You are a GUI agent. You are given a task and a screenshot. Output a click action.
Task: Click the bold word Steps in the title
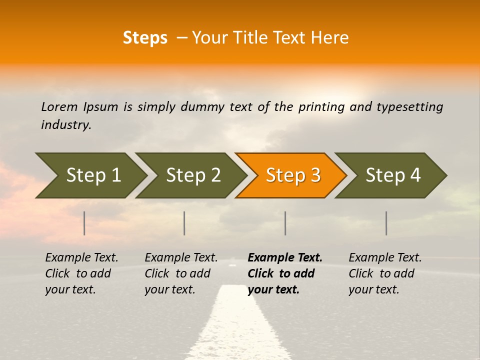pos(145,38)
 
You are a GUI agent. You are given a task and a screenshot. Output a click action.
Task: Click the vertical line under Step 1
pos(84,223)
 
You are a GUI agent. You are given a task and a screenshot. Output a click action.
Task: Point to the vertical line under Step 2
pos(184,223)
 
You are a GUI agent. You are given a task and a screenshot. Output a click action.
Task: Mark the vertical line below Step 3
pos(285,223)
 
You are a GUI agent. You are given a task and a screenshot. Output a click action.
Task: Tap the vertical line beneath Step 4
pos(386,223)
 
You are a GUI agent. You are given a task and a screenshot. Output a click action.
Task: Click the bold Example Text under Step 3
pos(285,273)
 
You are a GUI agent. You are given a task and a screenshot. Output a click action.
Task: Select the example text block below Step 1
pos(81,273)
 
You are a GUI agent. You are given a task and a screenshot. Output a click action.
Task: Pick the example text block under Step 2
pos(181,273)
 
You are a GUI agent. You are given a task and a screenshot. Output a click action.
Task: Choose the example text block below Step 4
pos(385,273)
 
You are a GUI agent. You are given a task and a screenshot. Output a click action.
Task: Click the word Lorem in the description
pos(59,107)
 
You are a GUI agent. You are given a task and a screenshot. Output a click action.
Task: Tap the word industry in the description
pos(66,125)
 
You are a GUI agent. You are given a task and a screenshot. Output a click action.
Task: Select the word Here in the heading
pos(331,38)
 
